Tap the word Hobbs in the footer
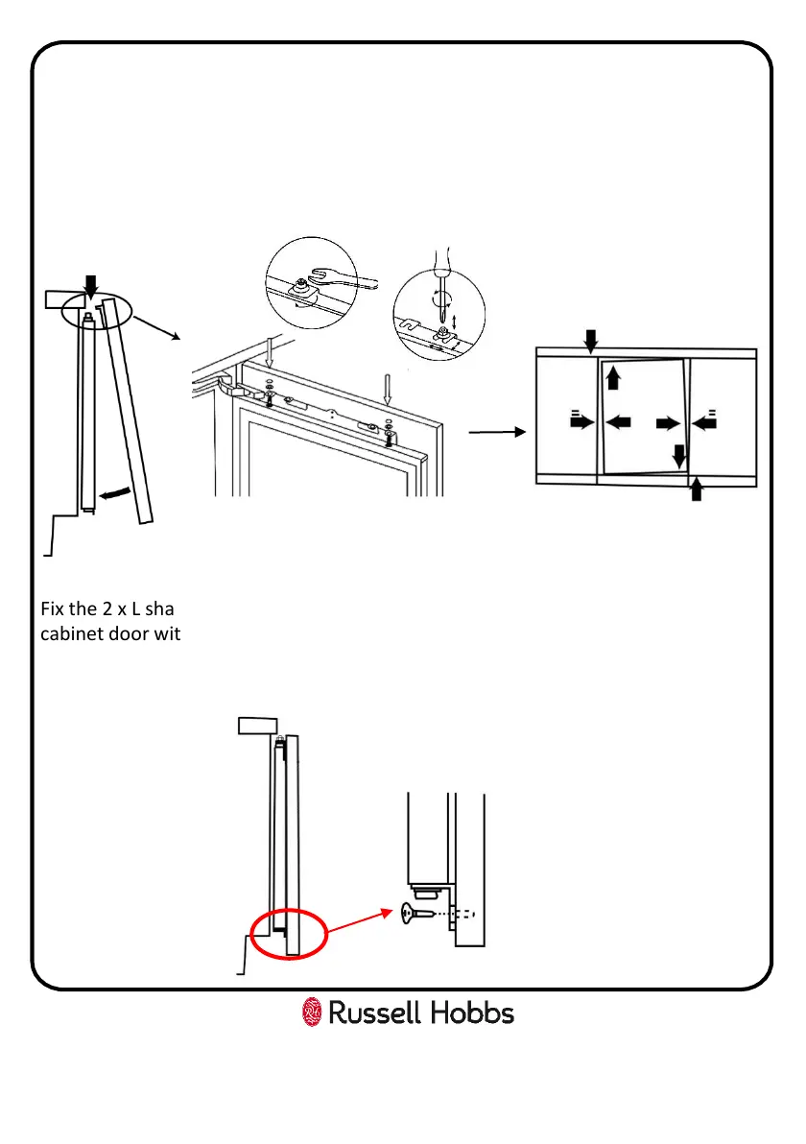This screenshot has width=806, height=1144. (468, 1013)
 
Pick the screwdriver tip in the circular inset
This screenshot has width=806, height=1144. (440, 308)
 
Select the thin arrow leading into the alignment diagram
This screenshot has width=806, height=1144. (497, 433)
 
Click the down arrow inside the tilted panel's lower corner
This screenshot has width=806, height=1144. (679, 456)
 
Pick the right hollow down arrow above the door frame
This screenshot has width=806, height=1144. (388, 390)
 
